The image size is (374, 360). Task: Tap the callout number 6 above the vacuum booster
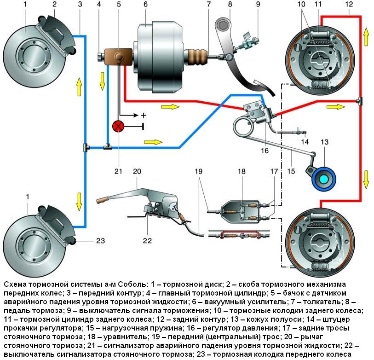[145, 4]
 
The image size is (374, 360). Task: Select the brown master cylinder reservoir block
[117, 58]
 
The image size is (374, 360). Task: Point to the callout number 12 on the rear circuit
[349, 4]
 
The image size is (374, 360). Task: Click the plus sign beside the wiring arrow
[143, 115]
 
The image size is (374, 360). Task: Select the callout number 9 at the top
[258, 4]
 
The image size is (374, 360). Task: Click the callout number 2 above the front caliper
[54, 4]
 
